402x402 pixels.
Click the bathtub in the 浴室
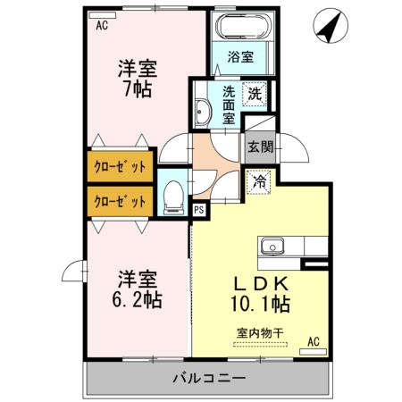tap(245, 26)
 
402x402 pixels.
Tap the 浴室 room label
tap(240, 56)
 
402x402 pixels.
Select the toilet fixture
tap(174, 197)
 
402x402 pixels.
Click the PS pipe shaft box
tap(199, 210)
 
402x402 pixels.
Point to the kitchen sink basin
tap(272, 247)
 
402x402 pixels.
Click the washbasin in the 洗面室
tap(203, 112)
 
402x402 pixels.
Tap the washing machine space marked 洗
tap(255, 94)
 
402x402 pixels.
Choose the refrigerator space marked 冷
tap(259, 181)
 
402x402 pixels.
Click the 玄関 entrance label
tap(261, 147)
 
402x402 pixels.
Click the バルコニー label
tap(210, 378)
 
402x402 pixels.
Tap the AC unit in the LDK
tap(313, 352)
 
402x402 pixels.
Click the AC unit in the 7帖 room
tap(102, 15)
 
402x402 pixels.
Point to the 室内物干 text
tap(260, 333)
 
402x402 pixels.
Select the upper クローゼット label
tap(120, 167)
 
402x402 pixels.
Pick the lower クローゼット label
tap(120, 202)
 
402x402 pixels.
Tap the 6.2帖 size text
tap(137, 300)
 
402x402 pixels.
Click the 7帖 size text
tap(138, 88)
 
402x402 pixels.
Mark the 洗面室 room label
tap(229, 105)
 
